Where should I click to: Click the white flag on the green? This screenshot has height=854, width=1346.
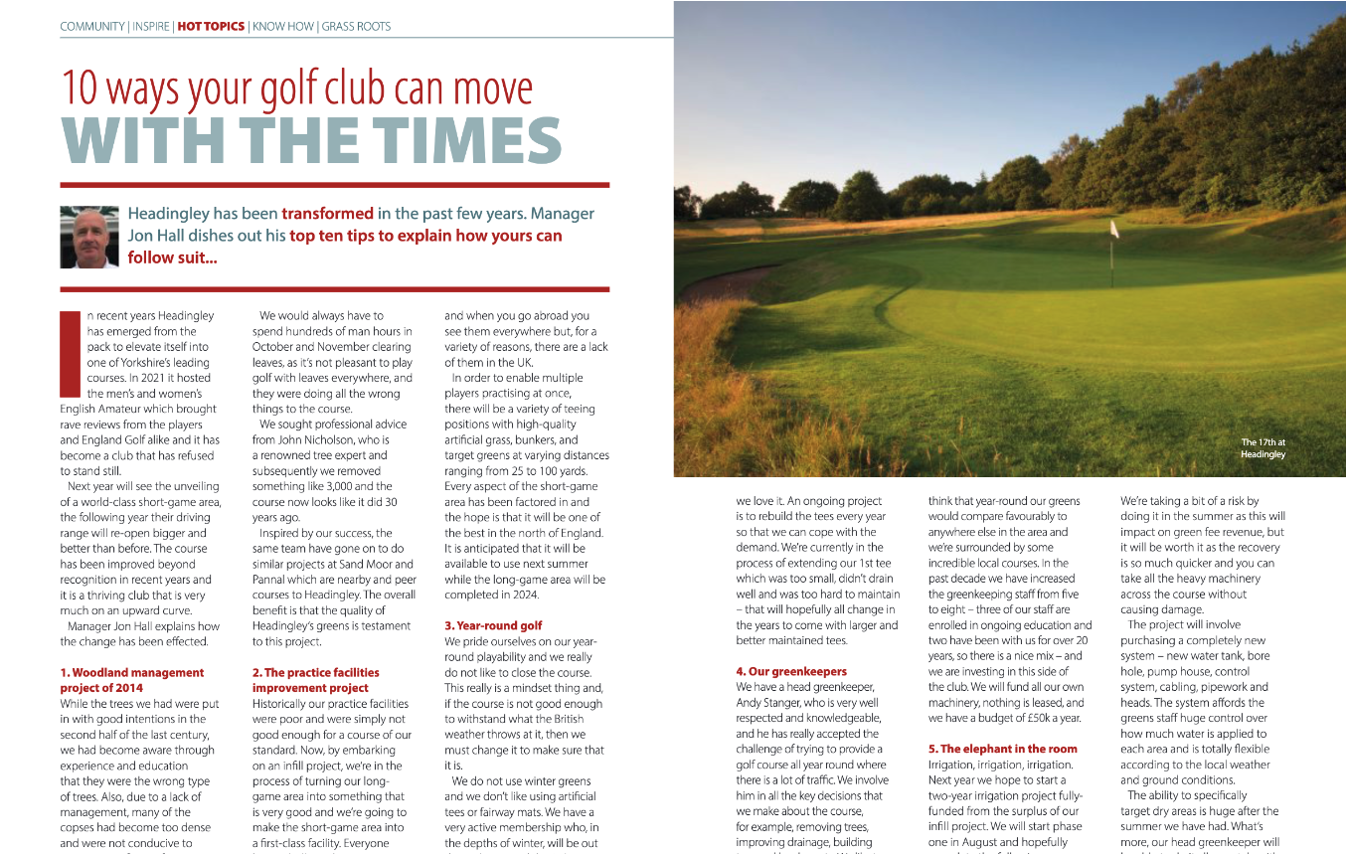(1114, 230)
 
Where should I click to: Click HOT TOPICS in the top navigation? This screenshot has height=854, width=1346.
(211, 26)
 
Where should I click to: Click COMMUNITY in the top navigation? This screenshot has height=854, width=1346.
(92, 26)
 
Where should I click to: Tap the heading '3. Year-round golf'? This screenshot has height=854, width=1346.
(493, 625)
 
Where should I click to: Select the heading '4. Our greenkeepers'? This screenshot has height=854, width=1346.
(791, 671)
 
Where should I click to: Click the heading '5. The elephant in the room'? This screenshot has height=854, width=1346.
(1002, 749)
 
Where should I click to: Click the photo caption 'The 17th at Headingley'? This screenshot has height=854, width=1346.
(1262, 447)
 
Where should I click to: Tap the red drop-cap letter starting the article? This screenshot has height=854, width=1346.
(69, 354)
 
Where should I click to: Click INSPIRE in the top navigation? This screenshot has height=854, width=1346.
(150, 26)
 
